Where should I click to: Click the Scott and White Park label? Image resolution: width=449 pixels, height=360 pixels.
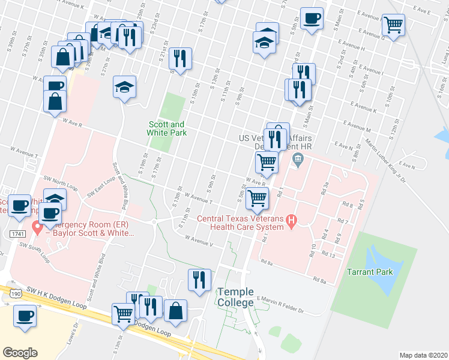tap(167, 128)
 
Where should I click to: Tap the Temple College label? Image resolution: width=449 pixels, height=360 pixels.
tap(235, 297)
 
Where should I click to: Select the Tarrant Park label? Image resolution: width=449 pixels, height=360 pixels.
tap(370, 272)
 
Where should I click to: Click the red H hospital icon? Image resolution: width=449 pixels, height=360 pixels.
tap(292, 221)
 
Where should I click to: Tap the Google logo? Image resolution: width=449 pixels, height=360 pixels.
tap(20, 352)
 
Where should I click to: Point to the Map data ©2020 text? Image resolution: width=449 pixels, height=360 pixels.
tap(423, 355)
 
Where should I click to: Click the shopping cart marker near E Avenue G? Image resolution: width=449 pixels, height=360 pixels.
tap(394, 25)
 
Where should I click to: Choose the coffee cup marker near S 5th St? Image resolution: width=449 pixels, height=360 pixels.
tap(311, 18)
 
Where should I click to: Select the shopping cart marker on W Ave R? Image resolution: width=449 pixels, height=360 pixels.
tap(267, 161)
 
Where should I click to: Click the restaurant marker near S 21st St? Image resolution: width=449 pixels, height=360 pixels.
tap(180, 59)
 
